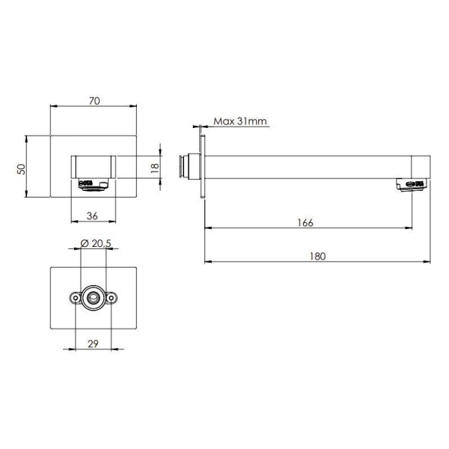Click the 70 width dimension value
94,101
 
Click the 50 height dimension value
21,169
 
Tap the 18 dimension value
155,168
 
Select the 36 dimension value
92,216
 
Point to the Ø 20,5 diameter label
96,243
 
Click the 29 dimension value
93,343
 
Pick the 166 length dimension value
305,222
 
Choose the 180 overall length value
317,256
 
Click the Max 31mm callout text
240,121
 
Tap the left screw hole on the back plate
76,298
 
